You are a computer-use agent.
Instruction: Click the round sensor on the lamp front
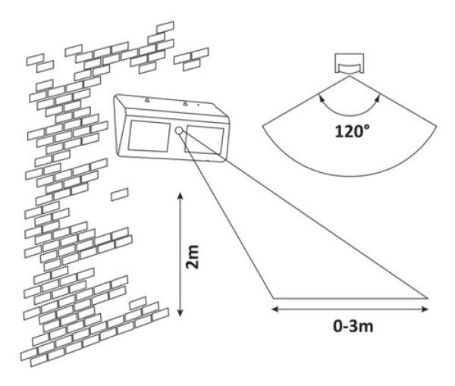click(x=178, y=132)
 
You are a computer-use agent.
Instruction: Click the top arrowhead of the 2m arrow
click(x=180, y=196)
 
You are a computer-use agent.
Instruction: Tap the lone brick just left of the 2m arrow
click(x=118, y=195)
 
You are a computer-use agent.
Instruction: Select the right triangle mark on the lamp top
click(x=184, y=102)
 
